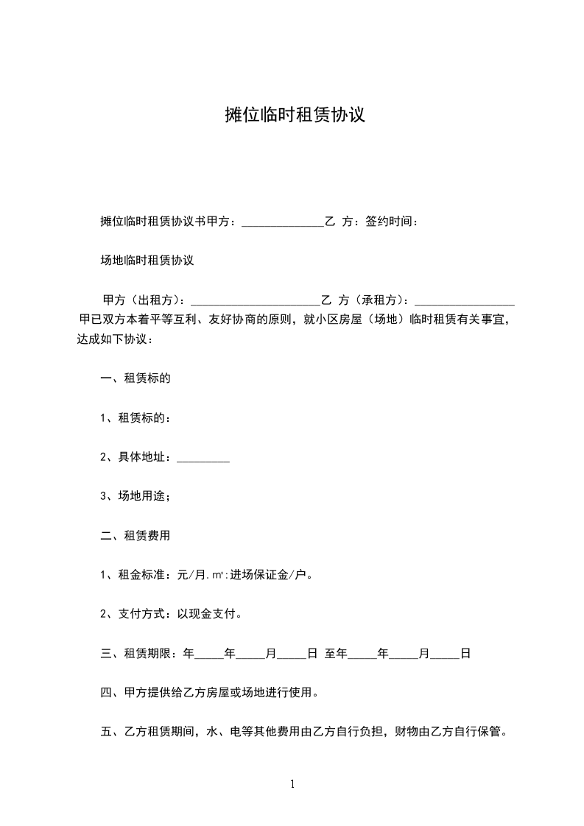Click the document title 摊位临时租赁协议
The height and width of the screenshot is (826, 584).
[295, 116]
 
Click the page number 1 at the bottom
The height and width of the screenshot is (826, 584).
[292, 785]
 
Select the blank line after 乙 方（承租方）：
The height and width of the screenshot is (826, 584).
[465, 301]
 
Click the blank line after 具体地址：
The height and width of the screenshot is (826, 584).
[204, 458]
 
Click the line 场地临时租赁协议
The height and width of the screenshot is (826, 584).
[147, 261]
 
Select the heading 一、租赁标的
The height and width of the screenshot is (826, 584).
[136, 379]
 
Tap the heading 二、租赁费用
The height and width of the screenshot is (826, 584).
[136, 536]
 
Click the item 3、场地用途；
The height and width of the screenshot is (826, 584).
[136, 497]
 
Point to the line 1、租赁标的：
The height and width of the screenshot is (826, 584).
[136, 418]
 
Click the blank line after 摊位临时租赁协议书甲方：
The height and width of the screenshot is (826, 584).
[282, 222]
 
